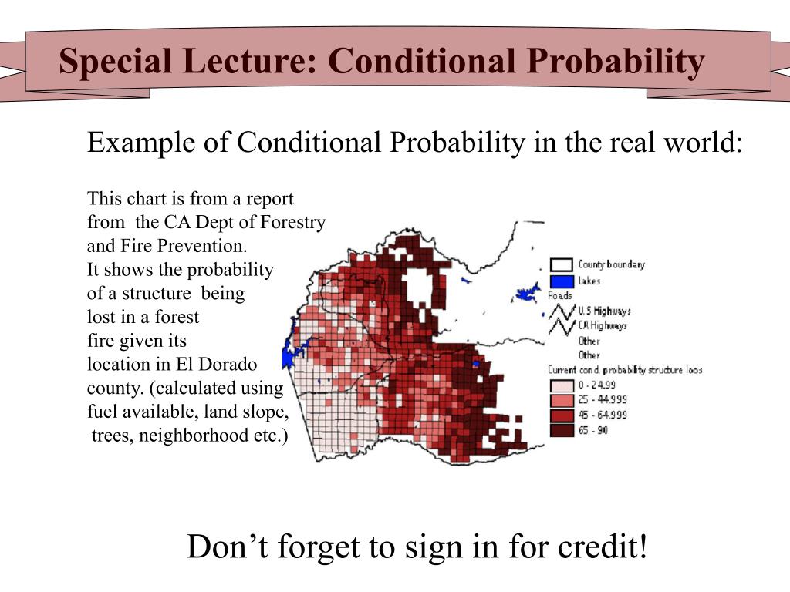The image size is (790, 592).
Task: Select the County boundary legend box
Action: pyautogui.click(x=561, y=265)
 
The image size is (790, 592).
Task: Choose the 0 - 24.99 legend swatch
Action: pyautogui.click(x=561, y=385)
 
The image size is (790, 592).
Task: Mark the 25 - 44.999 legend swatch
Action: pyautogui.click(x=561, y=400)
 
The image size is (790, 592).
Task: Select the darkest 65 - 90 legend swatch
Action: pyautogui.click(x=561, y=429)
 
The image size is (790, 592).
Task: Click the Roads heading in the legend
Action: pyautogui.click(x=559, y=296)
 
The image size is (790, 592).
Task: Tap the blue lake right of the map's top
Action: pyautogui.click(x=528, y=294)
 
